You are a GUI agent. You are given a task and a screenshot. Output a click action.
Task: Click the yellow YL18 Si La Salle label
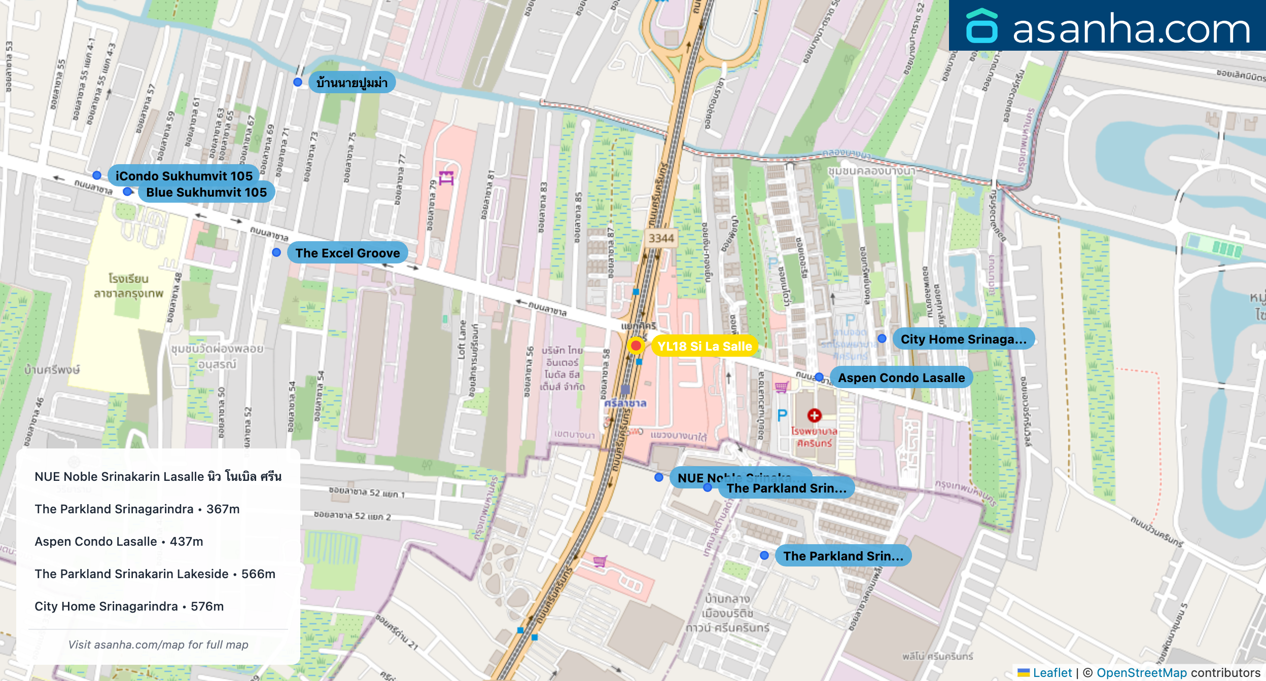click(x=704, y=346)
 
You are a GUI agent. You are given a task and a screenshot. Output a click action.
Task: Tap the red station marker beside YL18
click(x=636, y=346)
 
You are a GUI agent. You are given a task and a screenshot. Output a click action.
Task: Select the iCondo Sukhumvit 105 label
click(x=184, y=175)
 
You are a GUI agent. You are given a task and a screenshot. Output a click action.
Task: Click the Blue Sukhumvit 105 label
click(x=206, y=192)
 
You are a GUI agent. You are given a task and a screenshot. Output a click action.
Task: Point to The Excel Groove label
click(x=347, y=253)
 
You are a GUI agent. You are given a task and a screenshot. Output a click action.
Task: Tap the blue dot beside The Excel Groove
click(x=276, y=252)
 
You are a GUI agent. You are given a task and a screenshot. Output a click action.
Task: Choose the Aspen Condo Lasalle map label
click(x=901, y=377)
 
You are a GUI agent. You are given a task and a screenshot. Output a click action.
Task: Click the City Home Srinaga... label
click(x=963, y=339)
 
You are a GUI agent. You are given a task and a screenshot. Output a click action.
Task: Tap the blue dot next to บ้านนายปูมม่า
click(x=298, y=82)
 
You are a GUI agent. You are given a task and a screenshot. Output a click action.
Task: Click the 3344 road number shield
click(x=661, y=238)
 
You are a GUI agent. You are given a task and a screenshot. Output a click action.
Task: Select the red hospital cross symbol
click(x=814, y=415)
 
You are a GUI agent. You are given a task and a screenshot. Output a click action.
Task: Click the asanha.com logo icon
click(x=981, y=26)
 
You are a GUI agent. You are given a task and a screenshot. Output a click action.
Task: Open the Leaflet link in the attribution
click(x=1052, y=672)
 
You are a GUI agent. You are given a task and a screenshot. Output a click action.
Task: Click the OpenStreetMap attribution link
click(x=1141, y=672)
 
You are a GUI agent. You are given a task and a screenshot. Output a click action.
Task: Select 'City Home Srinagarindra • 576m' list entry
click(x=129, y=606)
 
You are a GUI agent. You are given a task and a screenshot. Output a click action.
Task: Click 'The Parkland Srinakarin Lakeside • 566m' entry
click(x=155, y=574)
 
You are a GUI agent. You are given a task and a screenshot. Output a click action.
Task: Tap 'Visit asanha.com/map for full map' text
click(x=158, y=645)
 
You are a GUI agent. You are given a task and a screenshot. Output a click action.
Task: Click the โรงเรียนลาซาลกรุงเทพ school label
click(x=128, y=286)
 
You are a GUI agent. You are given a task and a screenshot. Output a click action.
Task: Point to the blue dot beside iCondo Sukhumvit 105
click(x=97, y=175)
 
